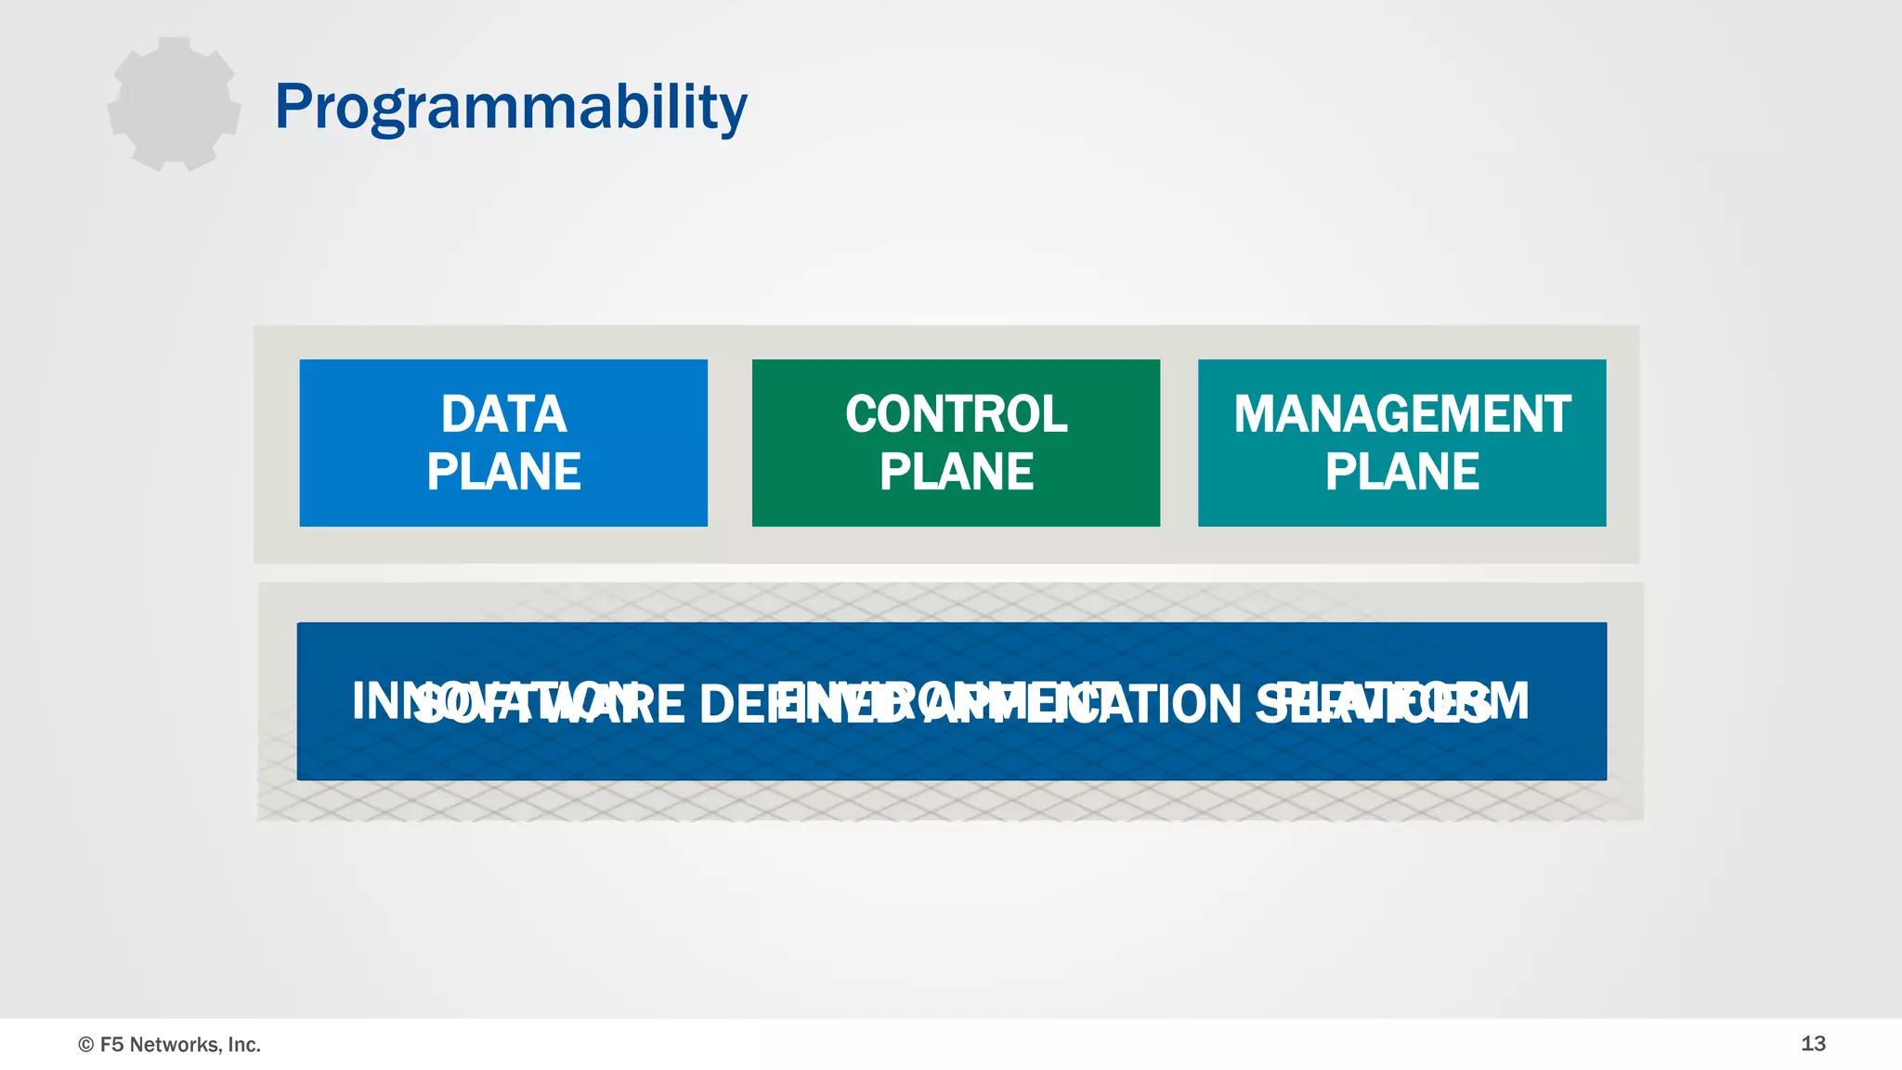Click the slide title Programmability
[x=511, y=107]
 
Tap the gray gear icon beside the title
[x=174, y=104]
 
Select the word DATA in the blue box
[x=503, y=414]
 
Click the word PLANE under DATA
[x=503, y=472]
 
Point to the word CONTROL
[x=956, y=414]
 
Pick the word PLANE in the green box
[x=956, y=472]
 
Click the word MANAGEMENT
[x=1401, y=414]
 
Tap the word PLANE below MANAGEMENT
[x=1401, y=472]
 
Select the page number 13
[x=1813, y=1043]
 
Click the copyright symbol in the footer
[x=86, y=1045]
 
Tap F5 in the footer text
[x=111, y=1045]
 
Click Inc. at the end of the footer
[x=244, y=1045]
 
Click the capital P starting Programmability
[x=294, y=106]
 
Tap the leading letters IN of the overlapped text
[x=375, y=701]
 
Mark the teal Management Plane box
[x=1401, y=506]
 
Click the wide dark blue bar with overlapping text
[x=951, y=752]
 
